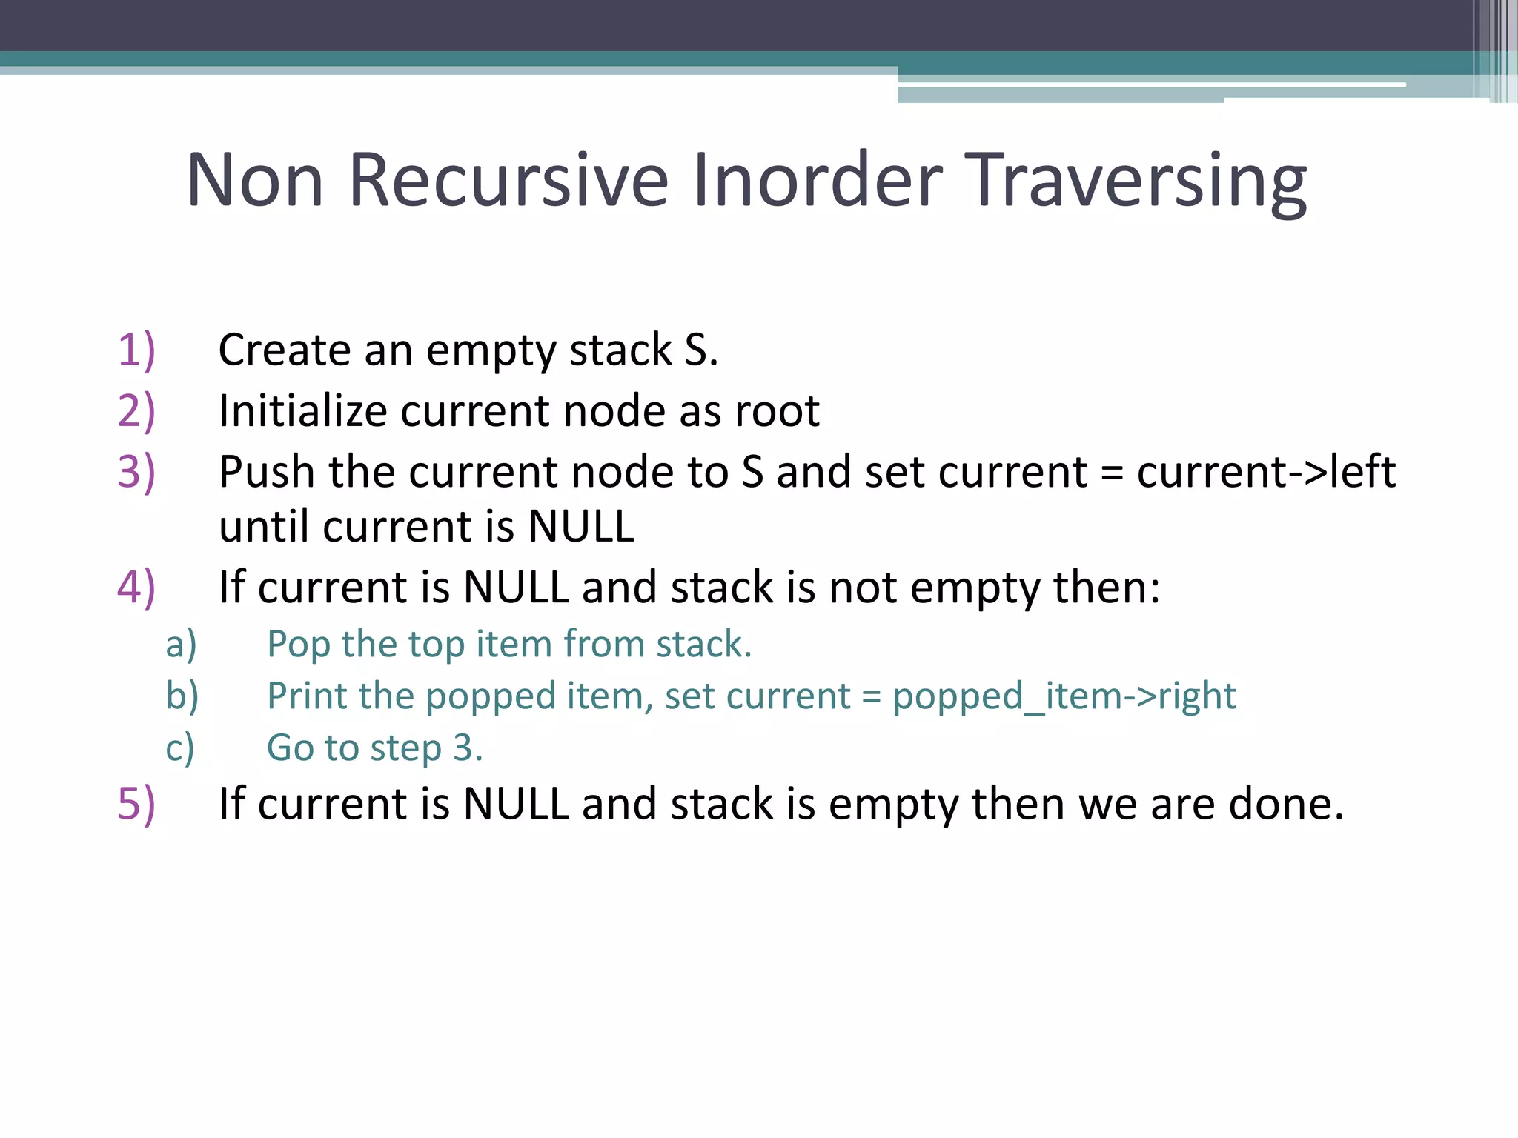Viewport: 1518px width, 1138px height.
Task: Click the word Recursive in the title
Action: tap(508, 180)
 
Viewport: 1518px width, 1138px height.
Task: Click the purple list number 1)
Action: tap(136, 350)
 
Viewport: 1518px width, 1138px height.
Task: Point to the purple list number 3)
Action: tap(136, 472)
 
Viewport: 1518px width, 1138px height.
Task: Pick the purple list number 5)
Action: tap(136, 804)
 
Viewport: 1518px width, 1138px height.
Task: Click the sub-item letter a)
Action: tap(181, 644)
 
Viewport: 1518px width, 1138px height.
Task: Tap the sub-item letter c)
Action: tap(180, 748)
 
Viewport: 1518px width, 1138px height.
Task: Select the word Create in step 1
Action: tap(284, 350)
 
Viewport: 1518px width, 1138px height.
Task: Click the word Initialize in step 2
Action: tap(302, 410)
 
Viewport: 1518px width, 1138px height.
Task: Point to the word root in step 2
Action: tap(777, 411)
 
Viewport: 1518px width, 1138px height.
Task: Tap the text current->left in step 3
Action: tap(1266, 472)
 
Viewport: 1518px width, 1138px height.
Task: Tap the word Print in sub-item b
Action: tap(306, 696)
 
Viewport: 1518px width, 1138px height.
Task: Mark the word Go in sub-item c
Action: tap(290, 748)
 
